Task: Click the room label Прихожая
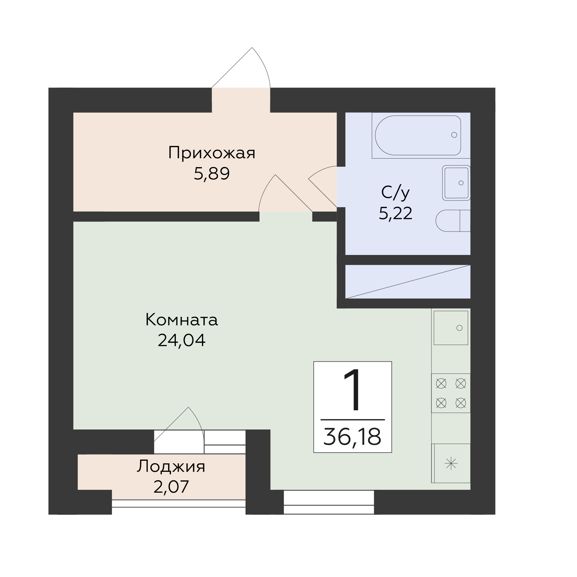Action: [212, 153]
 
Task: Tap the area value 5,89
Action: [212, 174]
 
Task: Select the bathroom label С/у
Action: [395, 193]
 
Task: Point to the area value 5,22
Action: [395, 214]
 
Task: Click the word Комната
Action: [181, 320]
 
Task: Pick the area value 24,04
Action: [181, 341]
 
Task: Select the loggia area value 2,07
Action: [171, 487]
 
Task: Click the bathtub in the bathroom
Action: [418, 135]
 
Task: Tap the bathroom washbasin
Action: [456, 183]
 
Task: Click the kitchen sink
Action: [451, 328]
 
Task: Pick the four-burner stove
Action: [451, 393]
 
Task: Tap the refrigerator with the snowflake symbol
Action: [451, 463]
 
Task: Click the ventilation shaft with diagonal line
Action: [408, 282]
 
